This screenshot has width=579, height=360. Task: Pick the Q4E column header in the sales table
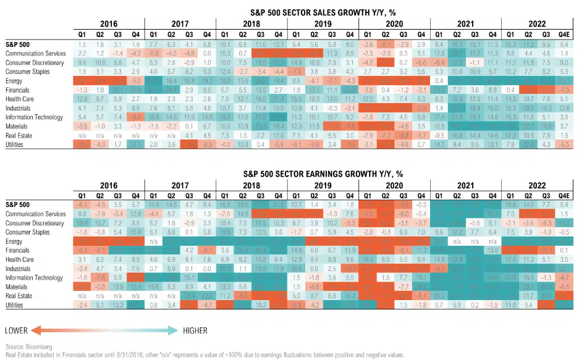562,34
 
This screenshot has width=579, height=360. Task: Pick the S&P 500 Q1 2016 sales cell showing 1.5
82,46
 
